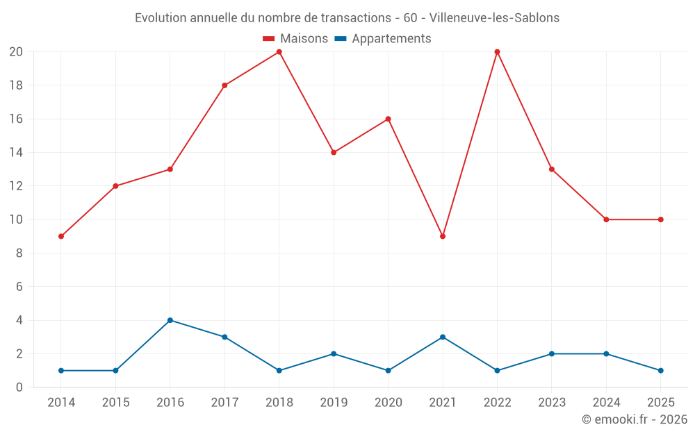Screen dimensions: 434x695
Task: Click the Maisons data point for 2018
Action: point(279,52)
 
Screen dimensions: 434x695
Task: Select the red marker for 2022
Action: point(497,52)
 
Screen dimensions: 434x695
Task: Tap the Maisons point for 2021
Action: point(443,236)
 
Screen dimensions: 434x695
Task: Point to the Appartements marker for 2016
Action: point(170,320)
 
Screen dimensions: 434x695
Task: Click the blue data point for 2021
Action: point(443,337)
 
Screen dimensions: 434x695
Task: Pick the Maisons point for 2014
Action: point(61,236)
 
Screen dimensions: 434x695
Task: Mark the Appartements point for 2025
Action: point(660,370)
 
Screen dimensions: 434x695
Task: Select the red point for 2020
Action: point(388,119)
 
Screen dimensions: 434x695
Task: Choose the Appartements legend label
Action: point(391,39)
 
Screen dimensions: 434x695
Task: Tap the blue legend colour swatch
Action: point(341,39)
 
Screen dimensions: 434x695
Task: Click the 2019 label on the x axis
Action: point(334,403)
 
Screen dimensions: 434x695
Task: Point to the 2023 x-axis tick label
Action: point(552,403)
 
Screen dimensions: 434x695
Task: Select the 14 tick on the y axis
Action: point(16,153)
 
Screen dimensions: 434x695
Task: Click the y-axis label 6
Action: point(19,287)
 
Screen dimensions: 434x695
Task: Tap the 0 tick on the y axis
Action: point(19,387)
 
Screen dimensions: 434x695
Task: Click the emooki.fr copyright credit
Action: point(634,419)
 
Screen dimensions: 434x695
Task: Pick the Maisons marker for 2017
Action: point(224,85)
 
